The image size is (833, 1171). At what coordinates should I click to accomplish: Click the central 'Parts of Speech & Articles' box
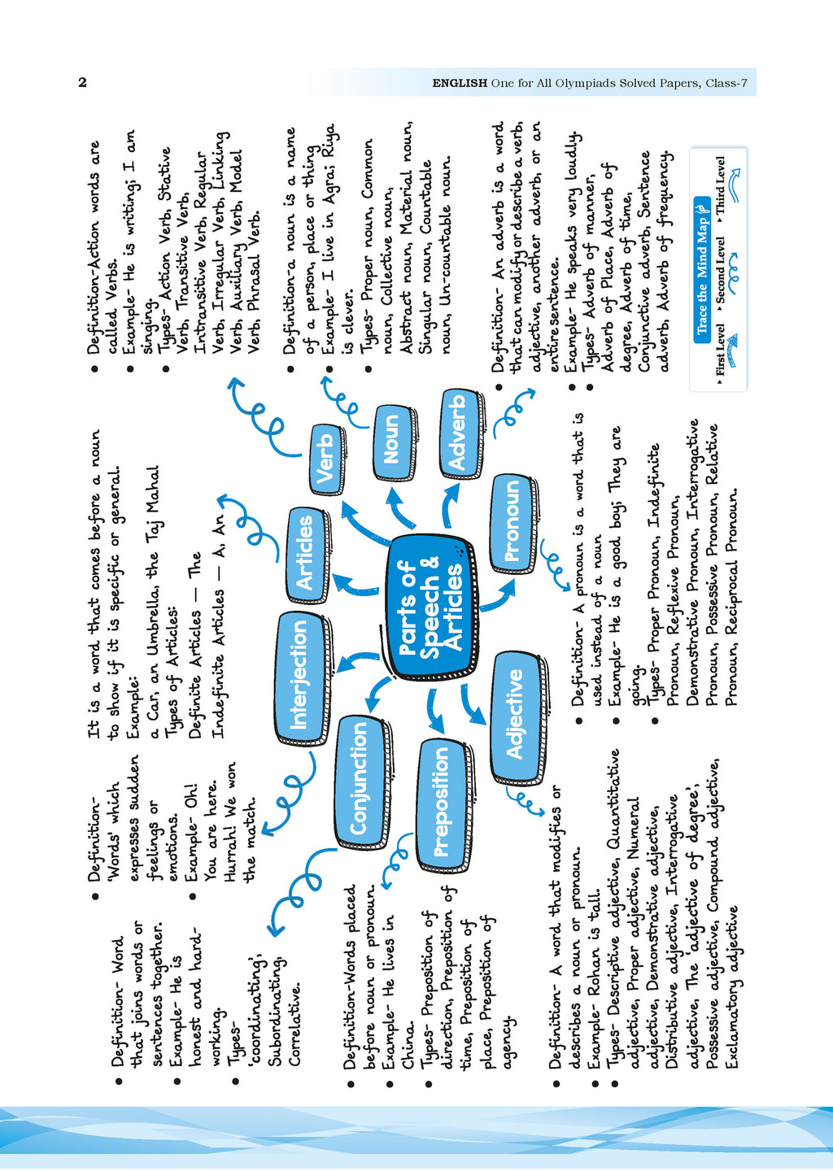[430, 606]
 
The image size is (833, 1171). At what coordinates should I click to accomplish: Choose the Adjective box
[516, 715]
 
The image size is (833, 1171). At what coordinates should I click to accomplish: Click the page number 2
[82, 82]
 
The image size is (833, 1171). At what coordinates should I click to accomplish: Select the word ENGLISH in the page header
[460, 83]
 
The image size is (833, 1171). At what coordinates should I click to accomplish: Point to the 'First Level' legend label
[720, 350]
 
